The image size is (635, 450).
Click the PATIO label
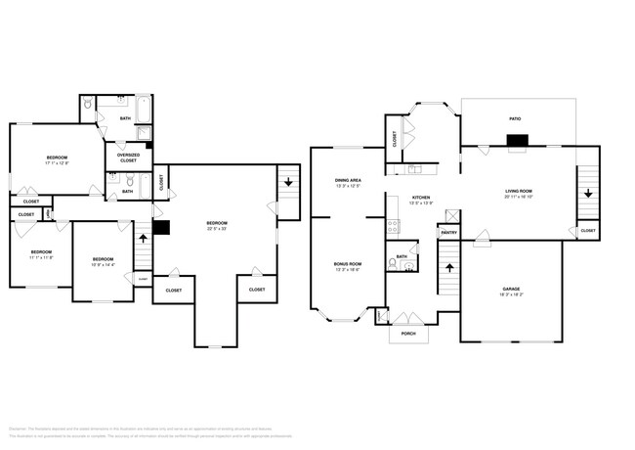point(514,118)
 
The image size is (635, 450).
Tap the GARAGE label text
point(510,290)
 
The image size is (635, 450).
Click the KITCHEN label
point(421,199)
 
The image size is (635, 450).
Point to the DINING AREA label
point(348,181)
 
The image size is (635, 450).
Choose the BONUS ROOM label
point(348,265)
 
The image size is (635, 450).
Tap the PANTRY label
point(448,233)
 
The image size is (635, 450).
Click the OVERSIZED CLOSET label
point(128,157)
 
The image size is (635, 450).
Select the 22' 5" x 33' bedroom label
point(217,226)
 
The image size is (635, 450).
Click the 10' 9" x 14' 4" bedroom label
point(103,261)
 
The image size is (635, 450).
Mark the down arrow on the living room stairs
point(587,193)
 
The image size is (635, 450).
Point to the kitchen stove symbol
point(394,226)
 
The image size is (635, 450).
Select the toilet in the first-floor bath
point(393,262)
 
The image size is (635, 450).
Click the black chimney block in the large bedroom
point(161,228)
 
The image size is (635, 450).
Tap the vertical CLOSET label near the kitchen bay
point(394,139)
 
